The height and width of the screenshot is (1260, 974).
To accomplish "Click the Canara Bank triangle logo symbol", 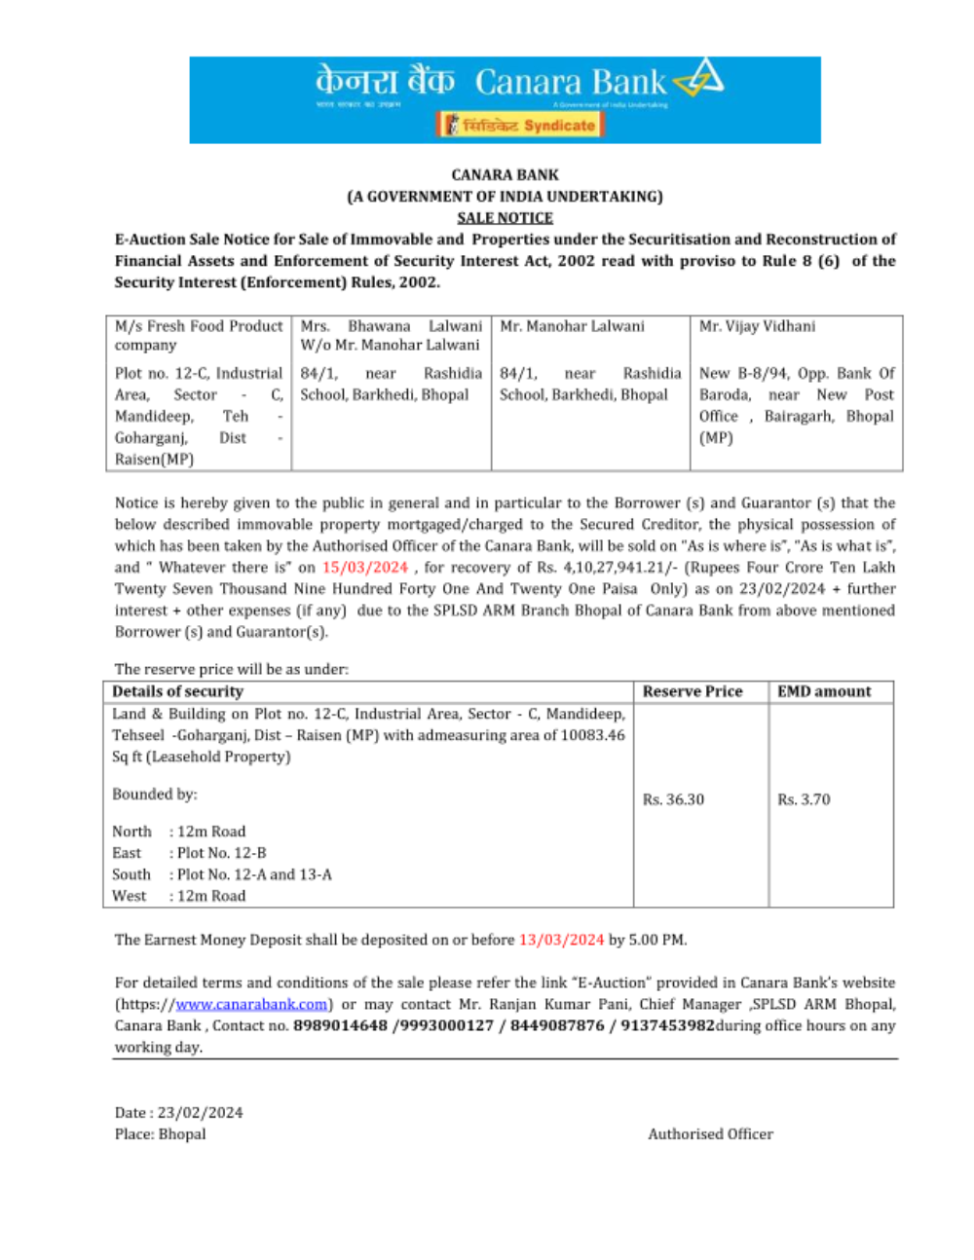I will [x=700, y=78].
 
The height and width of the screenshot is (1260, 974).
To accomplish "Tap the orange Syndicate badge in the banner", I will [x=520, y=125].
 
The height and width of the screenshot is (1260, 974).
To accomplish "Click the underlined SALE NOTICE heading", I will [x=505, y=218].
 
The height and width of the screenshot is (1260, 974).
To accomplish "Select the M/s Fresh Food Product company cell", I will [x=198, y=335].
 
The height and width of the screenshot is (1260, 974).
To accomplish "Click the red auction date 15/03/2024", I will [x=365, y=567].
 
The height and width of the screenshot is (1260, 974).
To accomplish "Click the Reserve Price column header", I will [x=692, y=691].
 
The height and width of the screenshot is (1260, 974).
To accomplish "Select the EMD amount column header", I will [x=824, y=691].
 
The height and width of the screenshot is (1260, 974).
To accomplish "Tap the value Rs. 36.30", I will [x=673, y=799].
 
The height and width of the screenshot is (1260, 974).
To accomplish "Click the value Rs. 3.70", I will [x=804, y=799].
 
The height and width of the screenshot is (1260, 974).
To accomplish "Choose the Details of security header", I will [x=177, y=691].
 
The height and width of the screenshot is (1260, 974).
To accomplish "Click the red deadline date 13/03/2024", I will [x=561, y=940].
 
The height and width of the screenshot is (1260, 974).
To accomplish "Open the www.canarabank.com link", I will [x=251, y=1004].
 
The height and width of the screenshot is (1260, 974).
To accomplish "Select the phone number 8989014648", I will [x=340, y=1025].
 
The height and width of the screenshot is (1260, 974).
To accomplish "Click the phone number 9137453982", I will [x=667, y=1025].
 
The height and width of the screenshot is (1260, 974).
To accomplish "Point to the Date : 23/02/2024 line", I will [x=179, y=1112].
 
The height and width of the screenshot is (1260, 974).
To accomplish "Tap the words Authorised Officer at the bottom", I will [x=710, y=1133].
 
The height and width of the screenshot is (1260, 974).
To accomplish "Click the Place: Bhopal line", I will [x=161, y=1133].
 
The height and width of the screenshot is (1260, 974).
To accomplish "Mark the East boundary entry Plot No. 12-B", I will [x=221, y=853].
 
